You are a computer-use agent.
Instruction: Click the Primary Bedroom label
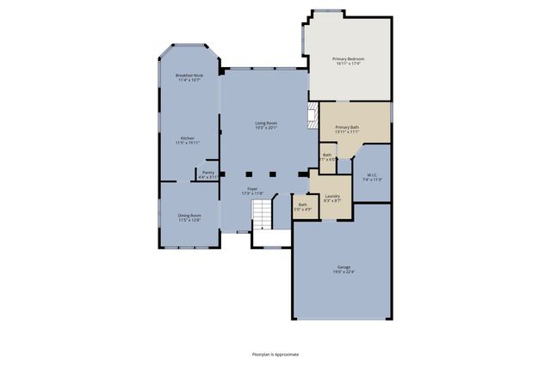pos(349,58)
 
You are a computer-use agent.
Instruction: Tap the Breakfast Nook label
pos(189,76)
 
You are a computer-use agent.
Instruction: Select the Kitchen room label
pos(188,138)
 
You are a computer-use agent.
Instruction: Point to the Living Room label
pos(265,123)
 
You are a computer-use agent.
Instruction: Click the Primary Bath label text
pos(347,127)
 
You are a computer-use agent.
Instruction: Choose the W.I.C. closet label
pos(371,175)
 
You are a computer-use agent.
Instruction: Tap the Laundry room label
pos(331,195)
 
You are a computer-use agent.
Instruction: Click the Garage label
pos(343,266)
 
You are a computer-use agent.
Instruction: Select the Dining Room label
pos(189,215)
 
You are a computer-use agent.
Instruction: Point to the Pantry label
pos(207,172)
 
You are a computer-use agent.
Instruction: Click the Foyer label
pos(252,188)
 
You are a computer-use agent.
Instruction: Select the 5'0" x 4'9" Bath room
pos(303,206)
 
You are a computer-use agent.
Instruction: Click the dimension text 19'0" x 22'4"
pos(343,272)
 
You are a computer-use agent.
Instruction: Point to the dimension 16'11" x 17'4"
pos(349,64)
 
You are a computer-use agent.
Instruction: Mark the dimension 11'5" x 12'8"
pos(189,220)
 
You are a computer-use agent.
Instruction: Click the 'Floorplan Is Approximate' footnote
pos(275,352)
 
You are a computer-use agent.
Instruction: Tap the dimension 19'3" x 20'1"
pos(265,128)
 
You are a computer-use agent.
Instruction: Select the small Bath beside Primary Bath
pos(327,156)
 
